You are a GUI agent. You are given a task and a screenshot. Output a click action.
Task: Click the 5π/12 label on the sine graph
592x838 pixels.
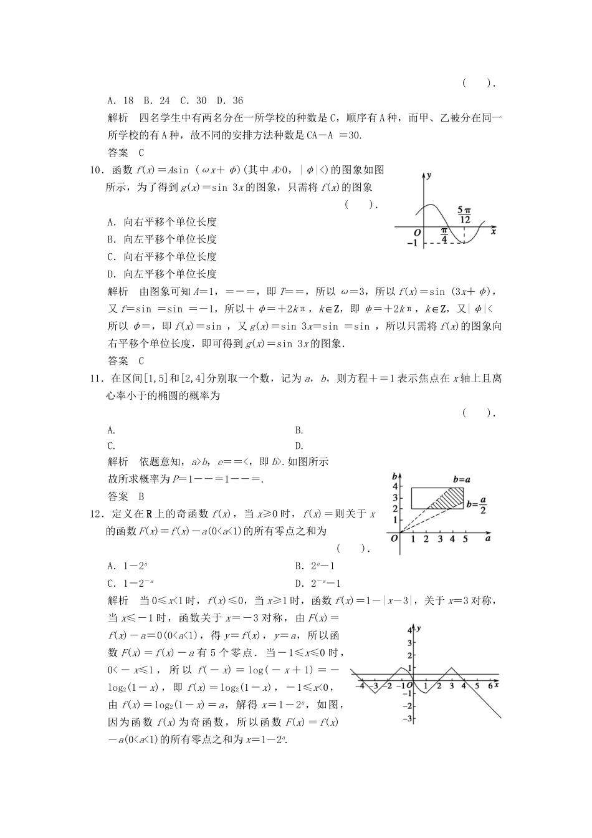tap(464, 215)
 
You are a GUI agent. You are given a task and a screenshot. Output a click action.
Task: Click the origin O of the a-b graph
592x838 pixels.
tap(394, 538)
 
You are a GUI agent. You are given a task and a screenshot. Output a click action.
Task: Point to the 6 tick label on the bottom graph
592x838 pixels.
tap(490, 686)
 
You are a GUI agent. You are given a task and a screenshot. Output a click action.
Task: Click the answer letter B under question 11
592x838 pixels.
tap(141, 496)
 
